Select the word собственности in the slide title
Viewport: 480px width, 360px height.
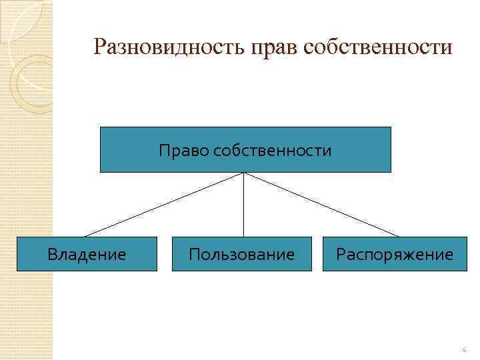[377, 47]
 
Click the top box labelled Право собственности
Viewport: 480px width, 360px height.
[245, 149]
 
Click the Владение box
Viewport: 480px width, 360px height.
[87, 254]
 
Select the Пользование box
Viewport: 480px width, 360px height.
[241, 254]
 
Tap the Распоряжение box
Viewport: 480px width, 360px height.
[395, 254]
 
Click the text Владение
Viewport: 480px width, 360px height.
[87, 254]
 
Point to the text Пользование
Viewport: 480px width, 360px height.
[241, 254]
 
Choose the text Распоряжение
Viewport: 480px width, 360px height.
[395, 254]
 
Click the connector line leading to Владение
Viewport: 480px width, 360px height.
[163, 205]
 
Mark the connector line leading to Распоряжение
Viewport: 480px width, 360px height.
[321, 205]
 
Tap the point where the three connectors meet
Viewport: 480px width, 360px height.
[244, 173]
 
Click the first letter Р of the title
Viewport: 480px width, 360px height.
[101, 47]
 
